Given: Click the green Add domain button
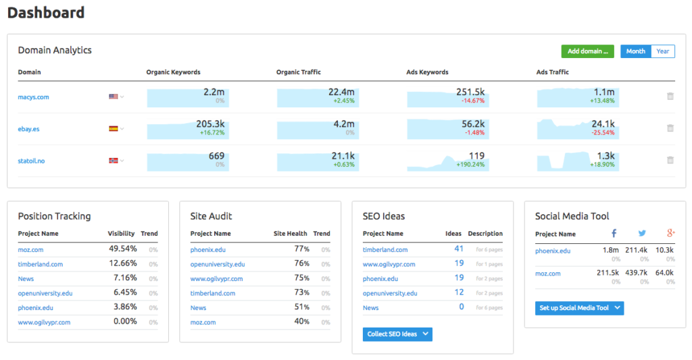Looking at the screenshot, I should click(587, 51).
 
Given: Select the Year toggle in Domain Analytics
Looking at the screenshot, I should click(662, 51).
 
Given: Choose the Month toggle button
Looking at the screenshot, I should click(635, 51).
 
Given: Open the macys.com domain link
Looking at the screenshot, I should click(33, 97).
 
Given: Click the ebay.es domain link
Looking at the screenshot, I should click(28, 129).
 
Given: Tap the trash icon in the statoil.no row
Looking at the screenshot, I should click(670, 161).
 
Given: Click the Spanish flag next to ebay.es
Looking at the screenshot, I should click(114, 129).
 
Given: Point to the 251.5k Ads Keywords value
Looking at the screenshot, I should click(470, 93).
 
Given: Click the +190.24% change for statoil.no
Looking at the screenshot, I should click(470, 165).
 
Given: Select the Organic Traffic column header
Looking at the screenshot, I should click(298, 72).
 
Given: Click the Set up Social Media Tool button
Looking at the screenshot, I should click(578, 308).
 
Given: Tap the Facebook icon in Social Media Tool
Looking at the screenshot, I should click(614, 233).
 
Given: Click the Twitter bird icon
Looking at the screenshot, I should click(642, 233).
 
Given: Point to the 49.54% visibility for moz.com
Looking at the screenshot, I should click(123, 249).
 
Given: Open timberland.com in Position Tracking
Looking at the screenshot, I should click(41, 264).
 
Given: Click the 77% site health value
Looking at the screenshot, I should click(301, 249).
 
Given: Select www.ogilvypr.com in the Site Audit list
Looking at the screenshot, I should click(216, 279).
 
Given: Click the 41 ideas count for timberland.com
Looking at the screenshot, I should click(459, 249).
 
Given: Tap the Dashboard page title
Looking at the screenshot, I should click(46, 12).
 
